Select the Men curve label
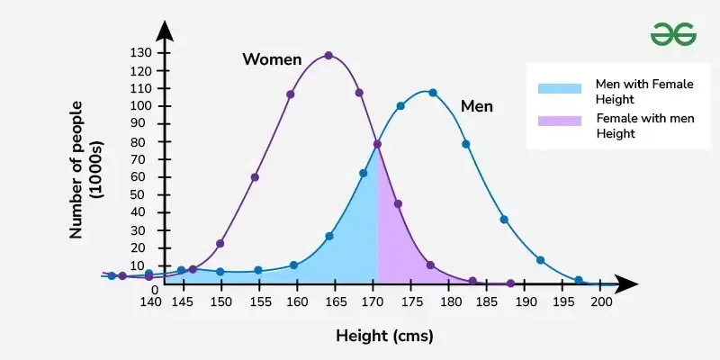pos(477,106)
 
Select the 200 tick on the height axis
pos(601,303)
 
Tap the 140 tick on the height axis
pos(150,303)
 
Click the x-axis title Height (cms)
pos(384,337)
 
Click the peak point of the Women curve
pos(328,56)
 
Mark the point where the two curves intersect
pos(377,144)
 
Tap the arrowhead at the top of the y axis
pos(165,30)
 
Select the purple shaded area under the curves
pos(394,243)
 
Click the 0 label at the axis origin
pos(155,290)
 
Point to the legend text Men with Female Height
pos(644,90)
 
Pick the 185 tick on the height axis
pos(487,303)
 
